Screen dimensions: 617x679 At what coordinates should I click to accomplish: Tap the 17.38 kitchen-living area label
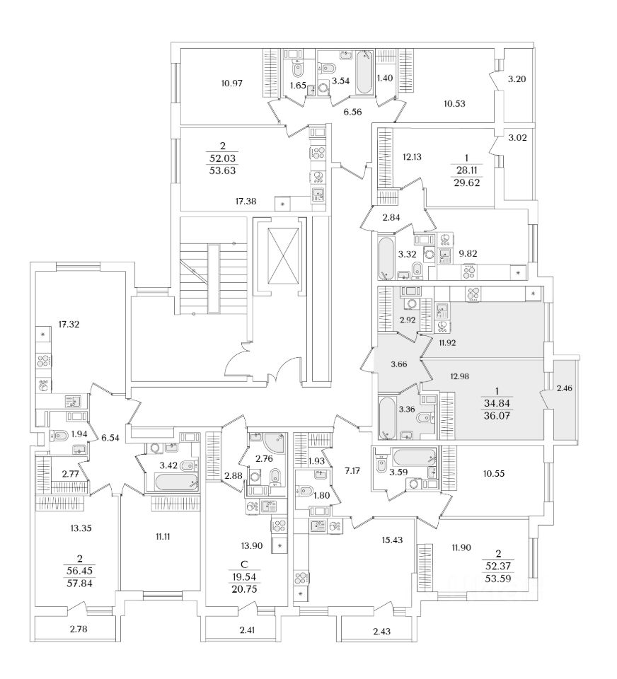[x=226, y=202]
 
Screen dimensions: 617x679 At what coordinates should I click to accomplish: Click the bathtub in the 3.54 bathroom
[x=365, y=72]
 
